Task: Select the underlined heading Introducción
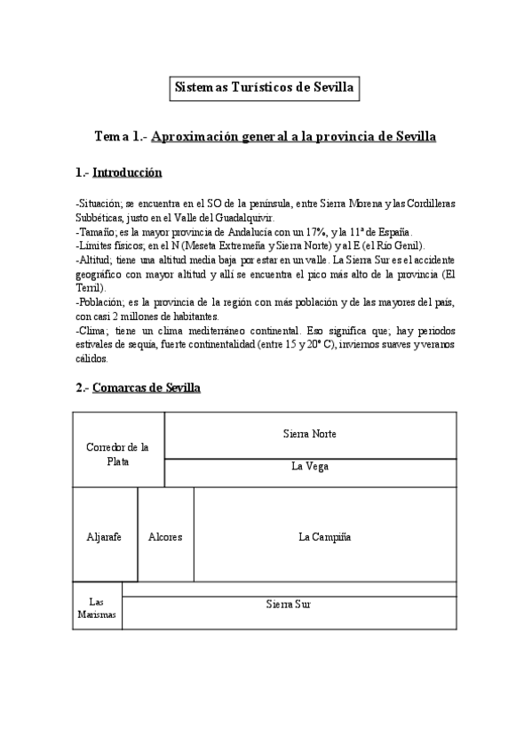coord(127,172)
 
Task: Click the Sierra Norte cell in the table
coord(310,434)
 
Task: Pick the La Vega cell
coord(310,466)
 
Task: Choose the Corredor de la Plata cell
coord(117,453)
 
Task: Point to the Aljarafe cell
coord(104,537)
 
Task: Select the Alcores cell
coord(165,537)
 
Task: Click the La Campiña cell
coord(325,537)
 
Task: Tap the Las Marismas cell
coord(97,608)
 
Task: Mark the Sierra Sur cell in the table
coord(289,604)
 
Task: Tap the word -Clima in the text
coord(93,331)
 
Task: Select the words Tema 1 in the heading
coord(120,138)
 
